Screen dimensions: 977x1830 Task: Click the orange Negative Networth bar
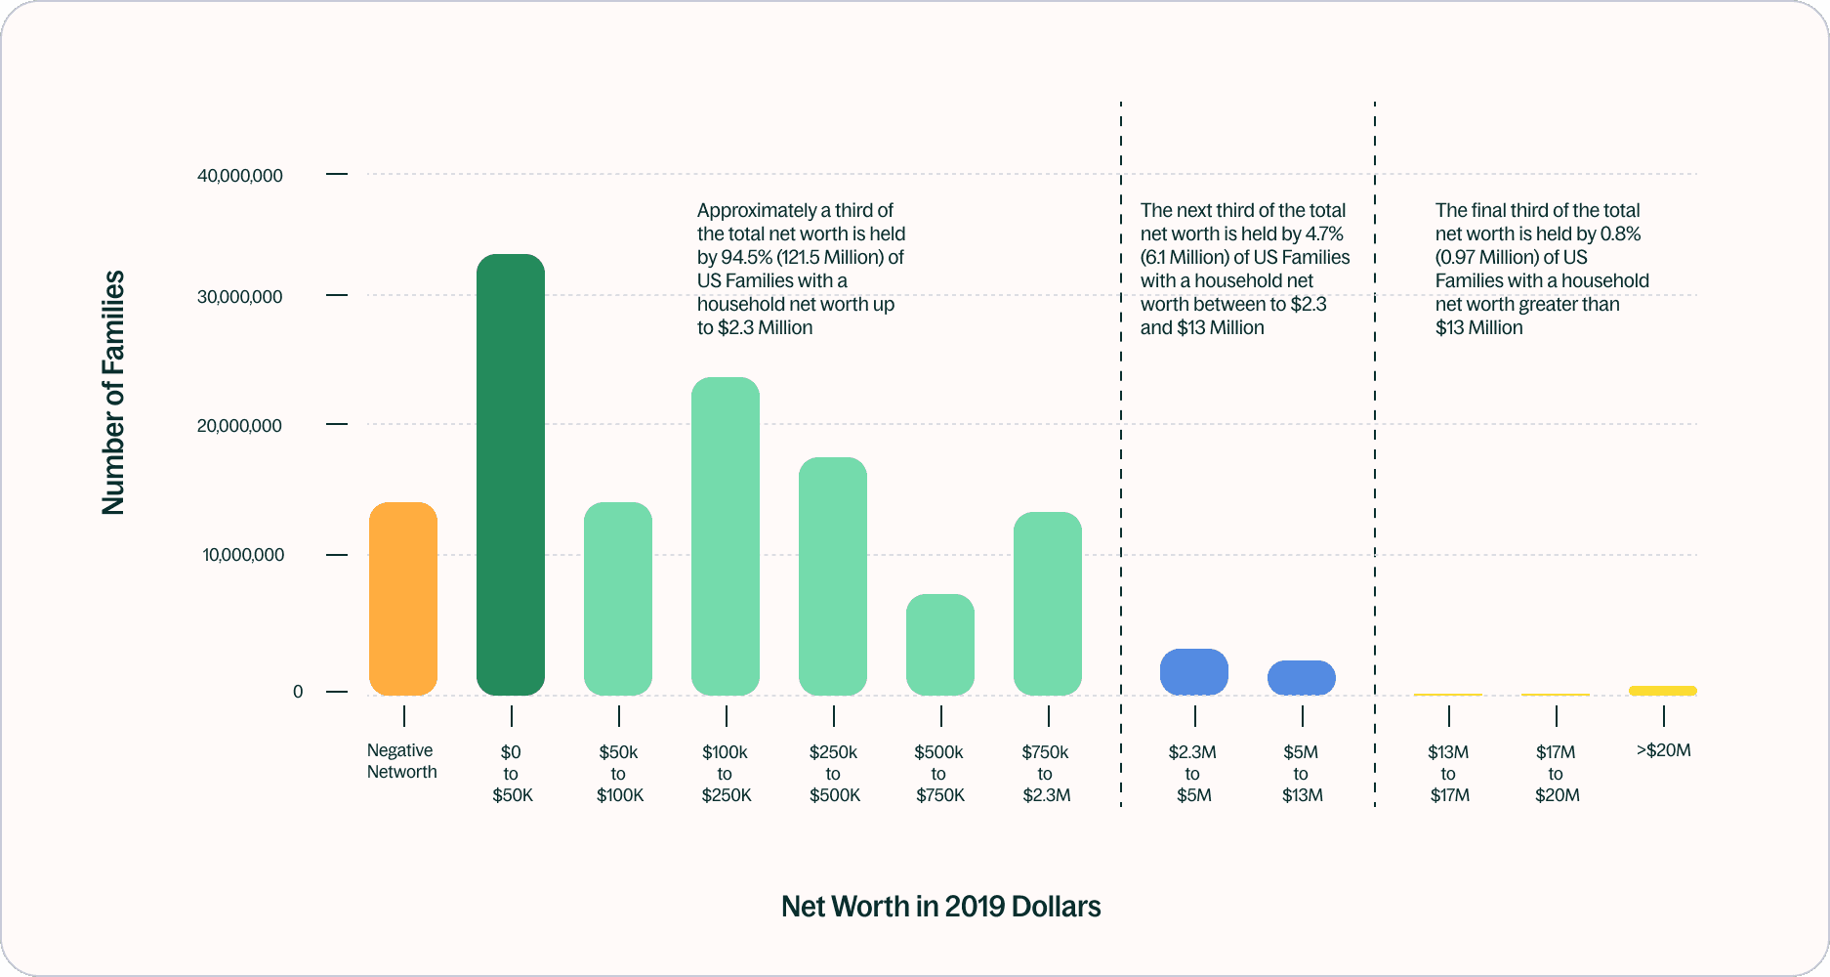tap(403, 598)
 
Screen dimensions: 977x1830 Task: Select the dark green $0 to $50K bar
tap(511, 475)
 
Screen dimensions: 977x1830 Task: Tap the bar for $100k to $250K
tap(726, 535)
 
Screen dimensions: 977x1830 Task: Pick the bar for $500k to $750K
tap(940, 645)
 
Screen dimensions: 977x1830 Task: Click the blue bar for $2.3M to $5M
tap(1194, 672)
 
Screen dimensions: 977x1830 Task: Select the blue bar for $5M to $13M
tap(1302, 678)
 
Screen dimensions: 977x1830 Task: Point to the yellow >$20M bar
tap(1663, 691)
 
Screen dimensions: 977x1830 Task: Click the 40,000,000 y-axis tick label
tap(240, 176)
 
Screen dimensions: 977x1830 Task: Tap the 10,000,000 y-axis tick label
tap(243, 555)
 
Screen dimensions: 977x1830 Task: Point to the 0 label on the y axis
tap(298, 692)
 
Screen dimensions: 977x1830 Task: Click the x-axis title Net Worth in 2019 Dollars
tap(940, 907)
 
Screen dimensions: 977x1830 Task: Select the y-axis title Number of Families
tap(113, 393)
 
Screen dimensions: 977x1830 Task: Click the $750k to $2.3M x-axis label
tap(1046, 774)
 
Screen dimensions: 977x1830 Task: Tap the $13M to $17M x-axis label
tap(1448, 774)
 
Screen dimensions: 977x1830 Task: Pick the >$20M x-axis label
tap(1663, 750)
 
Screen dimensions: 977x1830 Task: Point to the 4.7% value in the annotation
tap(1324, 234)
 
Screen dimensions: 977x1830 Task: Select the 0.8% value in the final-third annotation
tap(1620, 234)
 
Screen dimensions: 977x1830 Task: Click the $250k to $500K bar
tap(833, 576)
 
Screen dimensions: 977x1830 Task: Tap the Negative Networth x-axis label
tap(401, 761)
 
